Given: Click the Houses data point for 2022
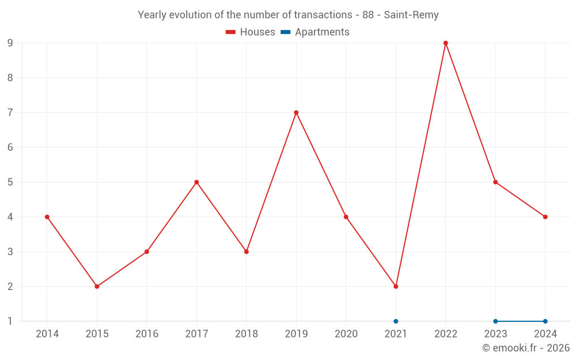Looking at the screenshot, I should click(x=446, y=43).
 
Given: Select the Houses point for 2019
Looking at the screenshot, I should click(x=296, y=113).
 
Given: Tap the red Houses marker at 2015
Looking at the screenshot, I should click(x=97, y=286).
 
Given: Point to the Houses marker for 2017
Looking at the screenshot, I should click(x=196, y=182).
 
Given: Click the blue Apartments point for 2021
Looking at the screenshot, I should click(x=396, y=321).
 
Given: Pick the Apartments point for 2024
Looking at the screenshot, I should click(x=545, y=321).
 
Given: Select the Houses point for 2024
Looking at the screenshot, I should click(x=545, y=217).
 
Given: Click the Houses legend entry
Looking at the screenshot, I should click(x=251, y=32).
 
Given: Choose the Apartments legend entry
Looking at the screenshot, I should click(x=315, y=32).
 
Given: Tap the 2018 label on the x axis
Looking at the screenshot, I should click(x=247, y=334).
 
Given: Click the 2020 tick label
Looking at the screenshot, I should click(x=346, y=334).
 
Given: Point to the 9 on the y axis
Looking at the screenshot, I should click(x=10, y=43).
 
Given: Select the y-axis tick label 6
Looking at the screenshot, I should click(x=10, y=147).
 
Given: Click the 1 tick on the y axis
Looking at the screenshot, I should click(x=10, y=321).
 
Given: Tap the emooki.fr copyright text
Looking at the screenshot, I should click(x=526, y=348).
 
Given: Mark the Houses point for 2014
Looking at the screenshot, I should click(x=47, y=217).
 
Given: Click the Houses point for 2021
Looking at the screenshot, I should click(x=396, y=286).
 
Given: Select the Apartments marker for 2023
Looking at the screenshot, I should click(x=495, y=321).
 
